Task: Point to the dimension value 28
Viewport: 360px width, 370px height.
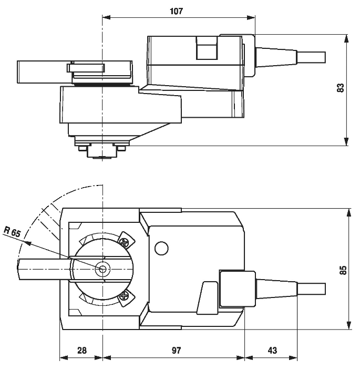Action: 81,350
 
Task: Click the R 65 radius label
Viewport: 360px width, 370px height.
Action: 12,232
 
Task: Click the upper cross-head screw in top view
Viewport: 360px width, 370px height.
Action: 125,242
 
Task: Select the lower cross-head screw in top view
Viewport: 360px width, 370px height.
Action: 125,296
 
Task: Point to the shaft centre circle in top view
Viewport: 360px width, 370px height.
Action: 102,269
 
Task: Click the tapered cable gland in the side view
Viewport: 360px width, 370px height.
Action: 275,55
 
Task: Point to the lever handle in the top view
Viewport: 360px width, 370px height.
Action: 42,269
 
